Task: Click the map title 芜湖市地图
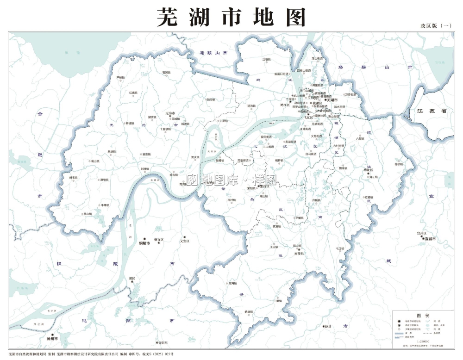pos(231,18)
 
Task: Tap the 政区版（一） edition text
pos(435,26)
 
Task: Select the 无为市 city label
pos(170,113)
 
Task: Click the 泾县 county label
pos(328,327)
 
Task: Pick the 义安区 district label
pos(184,241)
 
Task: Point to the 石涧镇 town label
pos(166,73)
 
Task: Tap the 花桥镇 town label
pos(399,164)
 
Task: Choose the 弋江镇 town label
pos(340,249)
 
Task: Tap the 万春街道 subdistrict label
pos(350,94)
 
